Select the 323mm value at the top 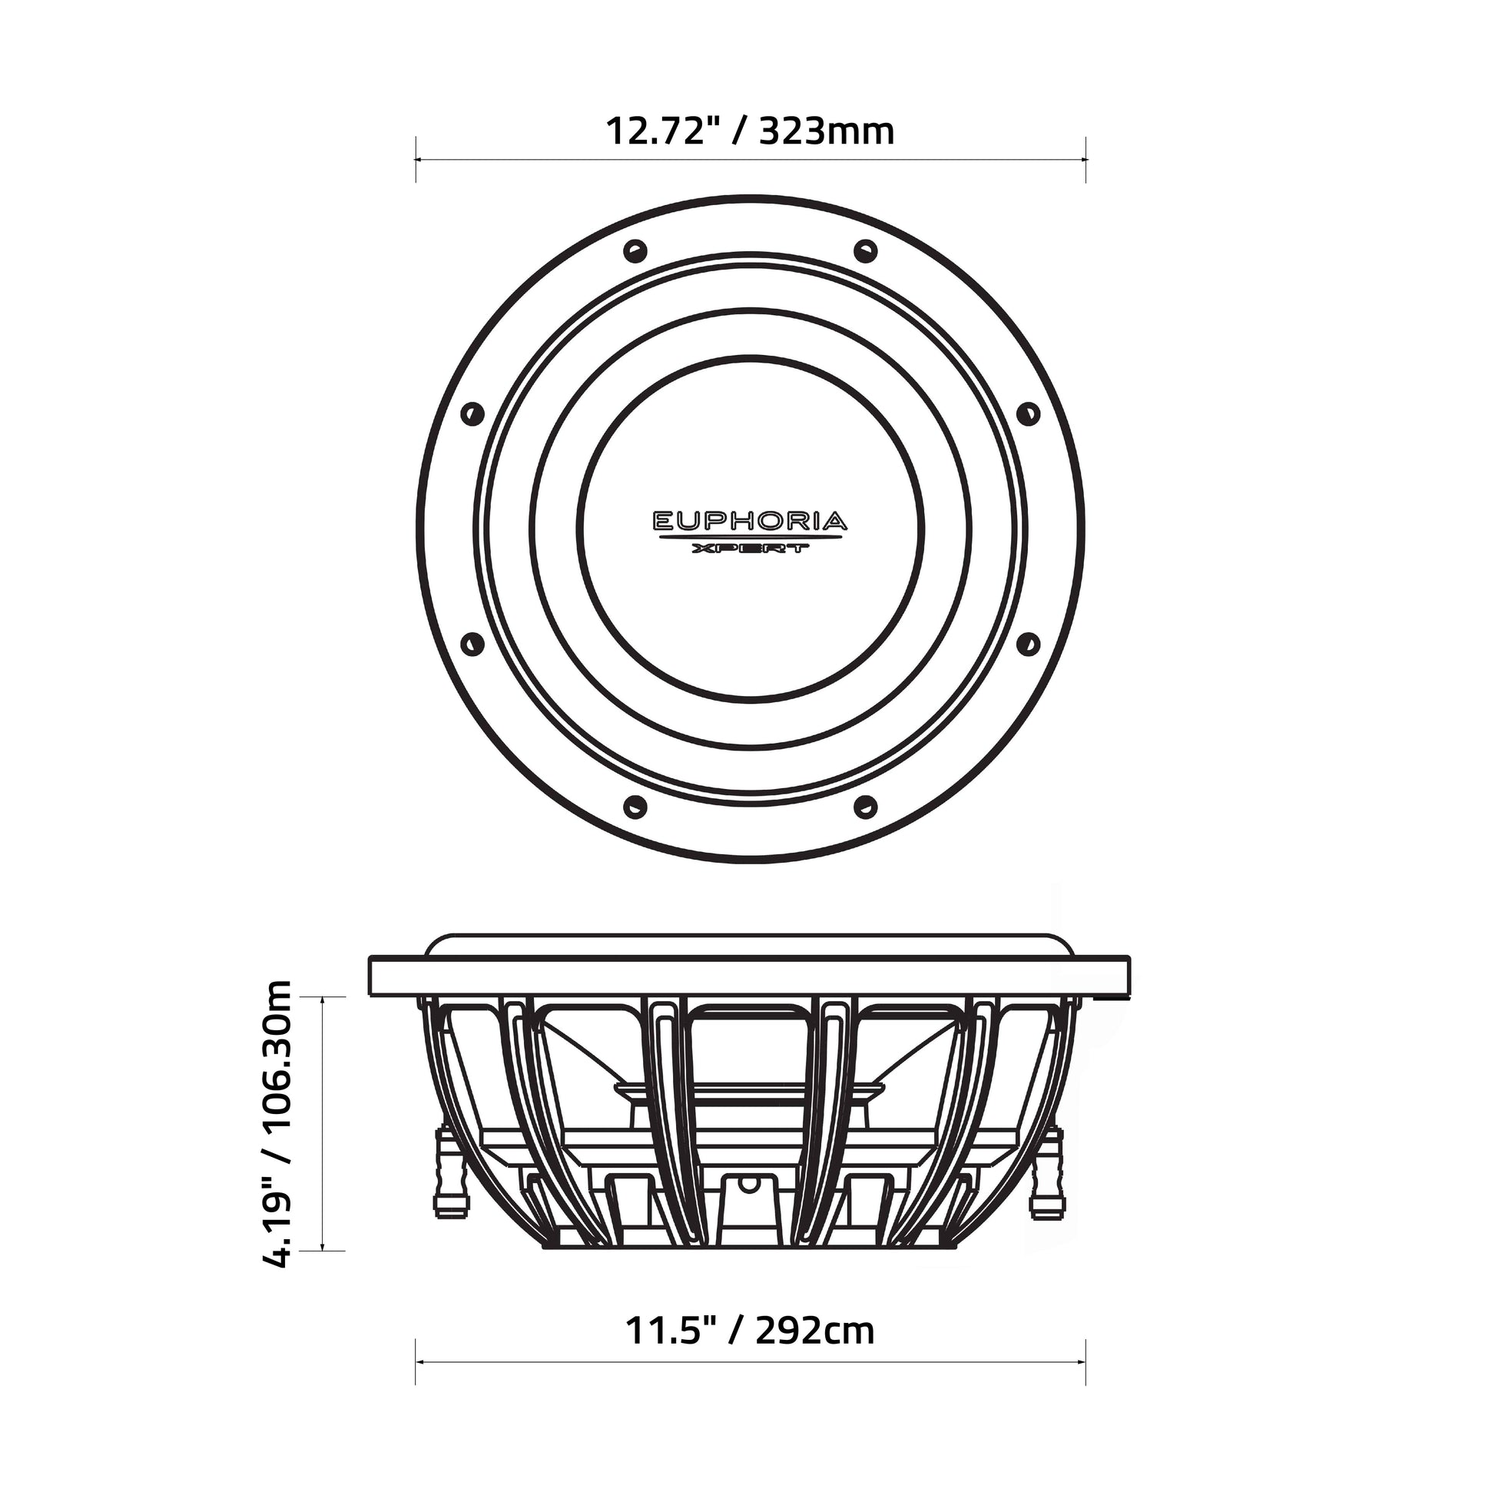(x=827, y=131)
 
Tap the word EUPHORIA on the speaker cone (x=750, y=521)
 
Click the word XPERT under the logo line (x=750, y=549)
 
